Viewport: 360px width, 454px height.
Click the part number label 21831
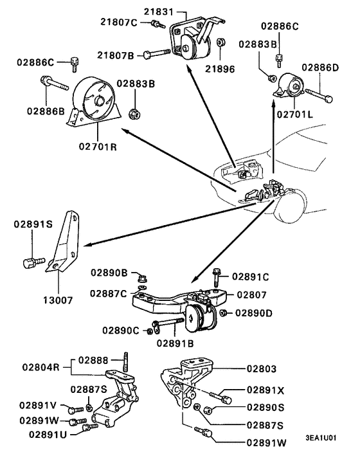pos(159,12)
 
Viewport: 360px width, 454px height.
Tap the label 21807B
pos(116,55)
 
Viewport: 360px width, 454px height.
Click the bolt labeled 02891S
pos(30,262)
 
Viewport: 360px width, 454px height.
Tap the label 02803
pos(261,369)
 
